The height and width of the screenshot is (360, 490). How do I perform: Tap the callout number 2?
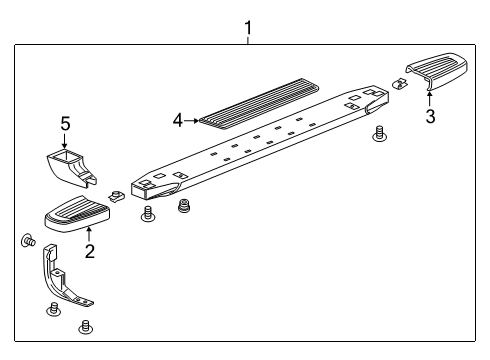[x=89, y=251]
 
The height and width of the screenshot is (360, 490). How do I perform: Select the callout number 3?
[x=430, y=116]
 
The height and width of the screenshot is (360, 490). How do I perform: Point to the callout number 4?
[x=177, y=120]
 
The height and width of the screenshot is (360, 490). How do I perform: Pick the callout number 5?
[x=65, y=123]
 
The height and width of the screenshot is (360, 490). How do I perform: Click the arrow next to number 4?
[x=192, y=120]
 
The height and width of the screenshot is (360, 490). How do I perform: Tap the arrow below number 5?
[x=65, y=140]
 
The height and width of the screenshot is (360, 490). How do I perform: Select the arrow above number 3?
[x=430, y=98]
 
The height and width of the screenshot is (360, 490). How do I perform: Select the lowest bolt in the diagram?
[x=85, y=325]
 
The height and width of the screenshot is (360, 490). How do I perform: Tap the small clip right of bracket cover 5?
[x=116, y=194]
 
